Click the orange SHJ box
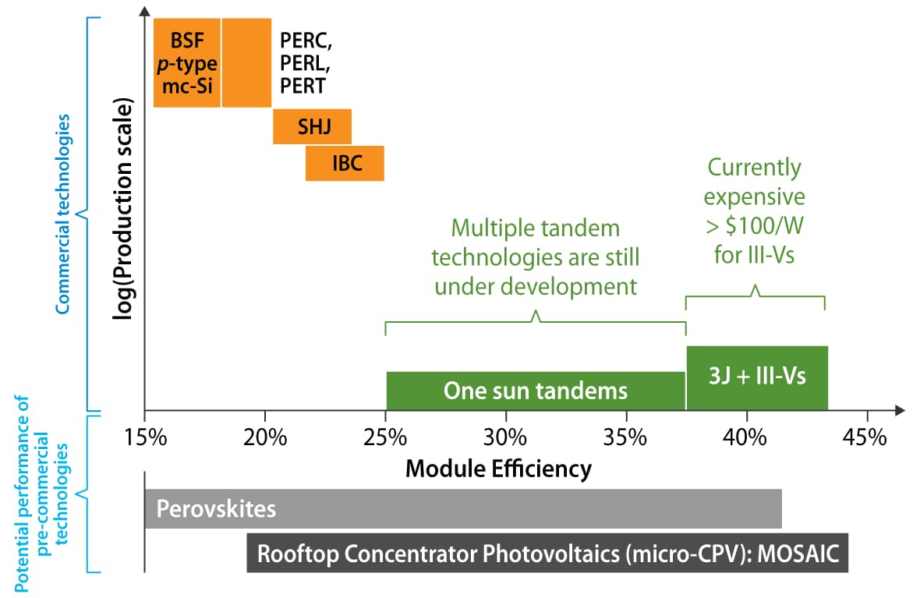point(312,126)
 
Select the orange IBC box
point(345,163)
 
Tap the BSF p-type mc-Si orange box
point(187,63)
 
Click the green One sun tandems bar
point(536,391)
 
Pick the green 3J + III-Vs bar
point(757,378)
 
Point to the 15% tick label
point(146,437)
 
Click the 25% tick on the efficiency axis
point(385,437)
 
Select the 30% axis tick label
point(505,437)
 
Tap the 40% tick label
point(745,437)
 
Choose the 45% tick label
point(865,437)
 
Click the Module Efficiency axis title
point(498,469)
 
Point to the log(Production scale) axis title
point(123,208)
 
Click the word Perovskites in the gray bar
point(216,509)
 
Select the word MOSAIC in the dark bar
point(798,553)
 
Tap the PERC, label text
point(306,41)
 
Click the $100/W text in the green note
point(764,226)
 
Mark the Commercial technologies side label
point(62,214)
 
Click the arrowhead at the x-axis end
point(901,411)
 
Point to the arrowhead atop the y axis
point(145,10)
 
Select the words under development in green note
point(536,286)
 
